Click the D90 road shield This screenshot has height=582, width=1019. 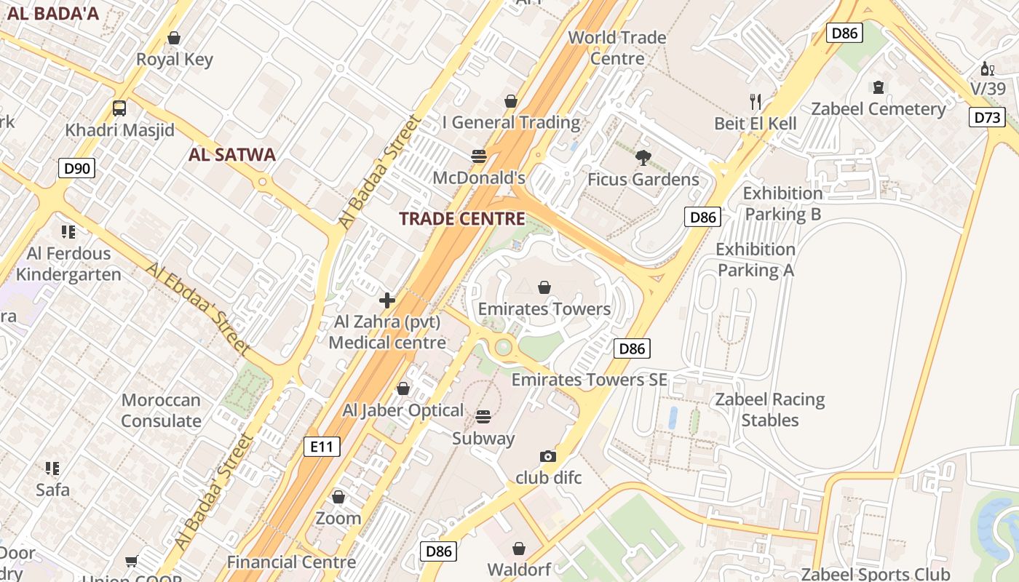76,169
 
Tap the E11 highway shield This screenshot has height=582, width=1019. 322,446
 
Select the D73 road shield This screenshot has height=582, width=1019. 987,117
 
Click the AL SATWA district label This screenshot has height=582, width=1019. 231,154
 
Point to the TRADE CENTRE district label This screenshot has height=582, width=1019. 462,219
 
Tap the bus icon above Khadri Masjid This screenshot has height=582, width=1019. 119,108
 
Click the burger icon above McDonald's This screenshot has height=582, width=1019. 478,156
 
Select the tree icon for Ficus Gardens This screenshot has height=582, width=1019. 643,157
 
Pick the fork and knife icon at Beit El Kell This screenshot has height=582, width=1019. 756,101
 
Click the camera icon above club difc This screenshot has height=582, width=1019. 548,456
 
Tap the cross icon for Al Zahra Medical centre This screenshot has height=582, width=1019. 387,300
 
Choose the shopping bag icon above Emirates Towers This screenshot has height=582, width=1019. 544,287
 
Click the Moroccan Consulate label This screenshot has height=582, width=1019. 161,410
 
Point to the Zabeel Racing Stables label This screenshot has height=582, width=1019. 769,410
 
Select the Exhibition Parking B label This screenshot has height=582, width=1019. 782,204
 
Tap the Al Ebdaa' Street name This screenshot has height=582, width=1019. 197,309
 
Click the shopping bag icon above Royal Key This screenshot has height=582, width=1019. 174,37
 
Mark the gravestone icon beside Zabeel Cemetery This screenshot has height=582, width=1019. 878,87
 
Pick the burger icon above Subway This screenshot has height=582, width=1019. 483,417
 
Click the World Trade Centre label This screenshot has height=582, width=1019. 616,47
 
